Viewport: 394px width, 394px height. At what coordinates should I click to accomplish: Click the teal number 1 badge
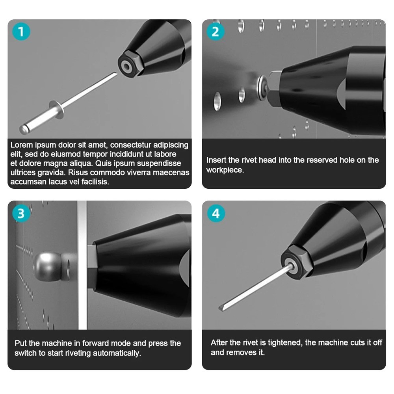21,32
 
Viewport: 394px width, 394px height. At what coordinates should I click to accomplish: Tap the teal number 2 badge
216,32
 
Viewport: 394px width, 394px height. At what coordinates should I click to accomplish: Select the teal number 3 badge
21,213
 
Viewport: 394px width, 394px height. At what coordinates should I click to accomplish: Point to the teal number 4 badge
216,213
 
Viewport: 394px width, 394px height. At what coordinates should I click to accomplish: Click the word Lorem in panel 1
22,145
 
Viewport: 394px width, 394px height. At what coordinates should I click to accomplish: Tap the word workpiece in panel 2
225,170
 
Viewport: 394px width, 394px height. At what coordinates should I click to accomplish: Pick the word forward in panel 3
96,343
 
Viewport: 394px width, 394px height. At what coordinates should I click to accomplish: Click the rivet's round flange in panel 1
57,110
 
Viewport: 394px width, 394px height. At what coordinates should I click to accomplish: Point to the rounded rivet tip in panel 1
24,129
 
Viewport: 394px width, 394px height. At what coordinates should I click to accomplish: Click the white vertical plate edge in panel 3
82,265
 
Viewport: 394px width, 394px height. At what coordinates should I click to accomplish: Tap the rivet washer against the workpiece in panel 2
262,86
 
